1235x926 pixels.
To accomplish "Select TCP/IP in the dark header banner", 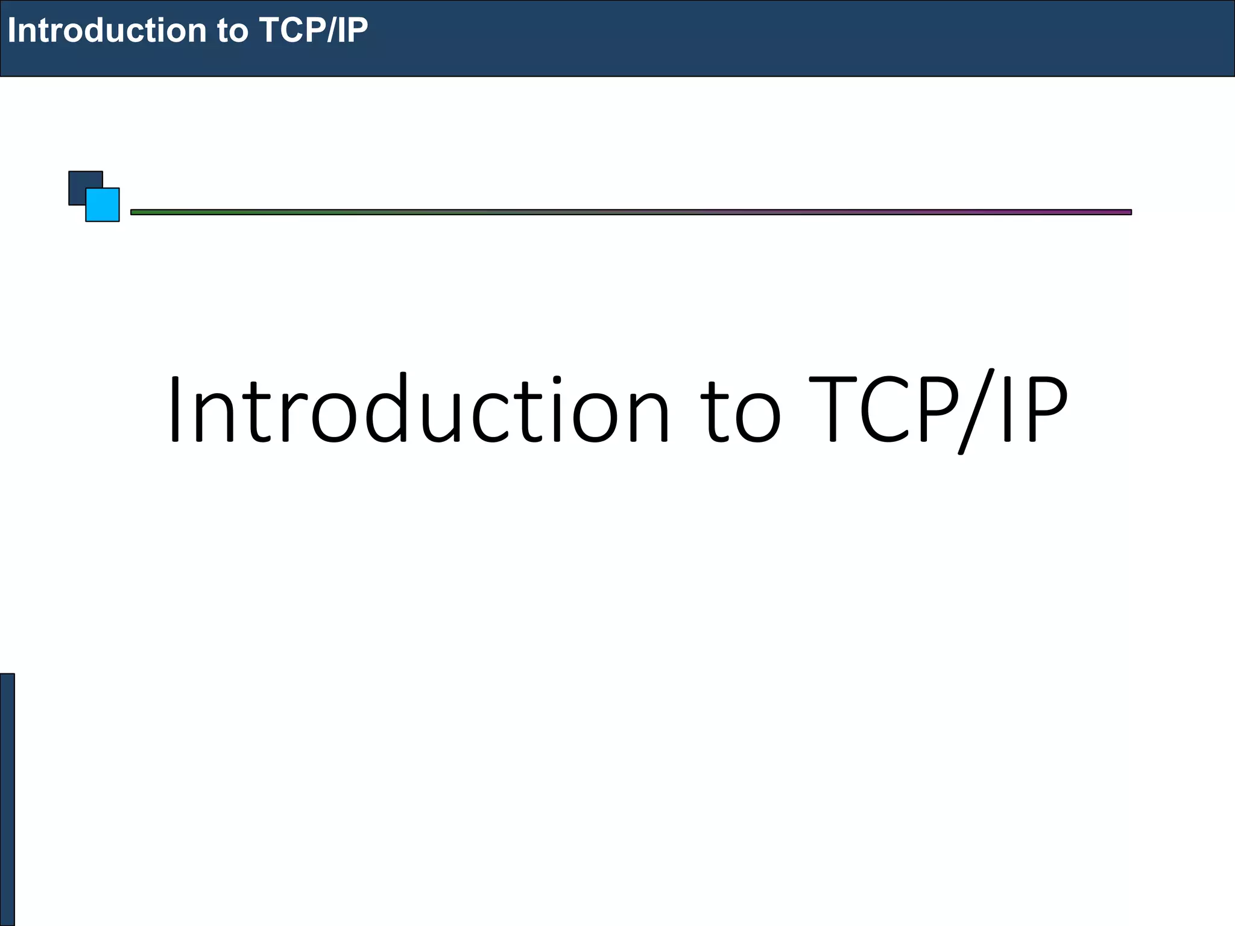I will point(313,30).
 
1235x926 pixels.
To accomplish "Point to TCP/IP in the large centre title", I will point(938,410).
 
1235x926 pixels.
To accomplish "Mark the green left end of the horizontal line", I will point(145,212).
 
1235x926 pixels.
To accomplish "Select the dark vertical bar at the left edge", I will point(7,799).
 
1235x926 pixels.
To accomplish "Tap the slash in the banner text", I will point(330,30).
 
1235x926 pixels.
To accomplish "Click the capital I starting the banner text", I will point(12,30).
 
